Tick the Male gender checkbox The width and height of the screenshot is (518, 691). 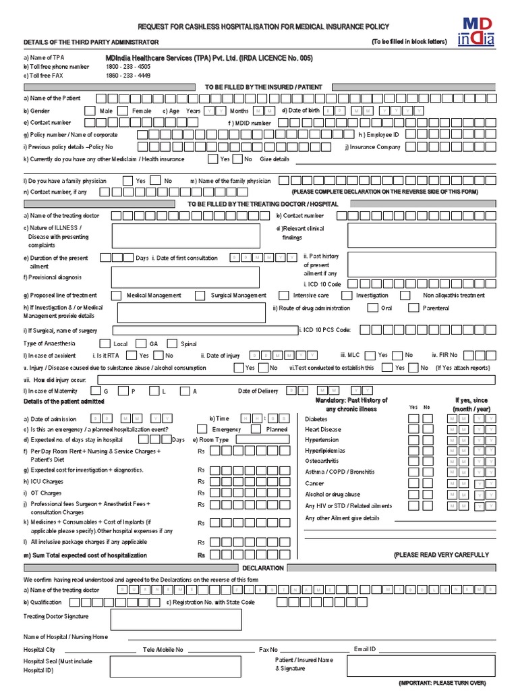click(90, 111)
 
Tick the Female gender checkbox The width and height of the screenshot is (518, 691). click(123, 111)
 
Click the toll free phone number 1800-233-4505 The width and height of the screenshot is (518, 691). click(128, 67)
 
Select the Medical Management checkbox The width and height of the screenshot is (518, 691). click(115, 295)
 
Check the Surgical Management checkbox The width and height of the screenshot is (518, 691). click(200, 295)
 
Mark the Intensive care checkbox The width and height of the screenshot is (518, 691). click(282, 295)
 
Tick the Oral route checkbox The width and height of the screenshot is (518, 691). click(372, 308)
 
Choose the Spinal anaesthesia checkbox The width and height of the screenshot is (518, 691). click(172, 343)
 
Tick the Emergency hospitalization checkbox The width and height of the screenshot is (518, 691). click(202, 429)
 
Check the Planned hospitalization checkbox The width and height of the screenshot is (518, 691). click(256, 429)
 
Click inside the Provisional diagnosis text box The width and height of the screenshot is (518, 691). click(185, 277)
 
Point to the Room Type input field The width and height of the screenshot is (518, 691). click(262, 439)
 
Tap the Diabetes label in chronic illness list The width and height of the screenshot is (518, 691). click(316, 418)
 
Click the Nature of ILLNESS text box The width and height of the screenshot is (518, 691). click(185, 236)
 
